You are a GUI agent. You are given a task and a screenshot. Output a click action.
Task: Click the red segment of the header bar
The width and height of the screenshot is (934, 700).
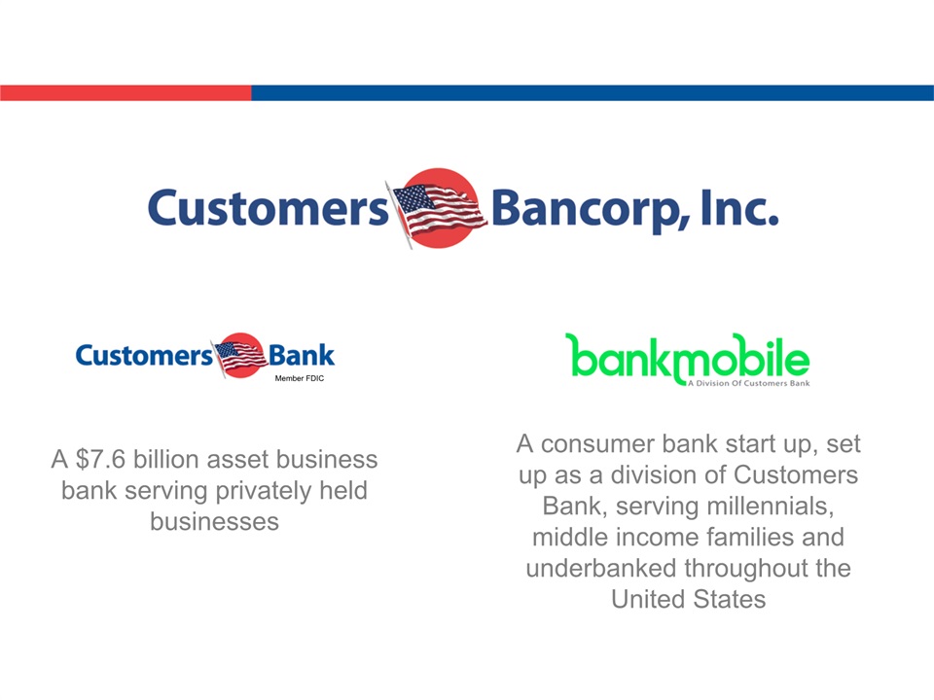126,93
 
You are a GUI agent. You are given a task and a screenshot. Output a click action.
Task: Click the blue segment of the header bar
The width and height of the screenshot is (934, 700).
593,93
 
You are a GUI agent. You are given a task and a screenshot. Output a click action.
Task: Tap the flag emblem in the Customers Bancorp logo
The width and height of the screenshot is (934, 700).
439,209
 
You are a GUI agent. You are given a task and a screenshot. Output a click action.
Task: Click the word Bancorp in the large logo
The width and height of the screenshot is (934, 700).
591,210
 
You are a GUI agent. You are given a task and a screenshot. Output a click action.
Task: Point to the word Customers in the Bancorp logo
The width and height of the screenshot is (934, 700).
269,208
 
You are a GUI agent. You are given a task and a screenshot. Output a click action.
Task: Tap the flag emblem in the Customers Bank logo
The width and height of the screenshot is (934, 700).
240,356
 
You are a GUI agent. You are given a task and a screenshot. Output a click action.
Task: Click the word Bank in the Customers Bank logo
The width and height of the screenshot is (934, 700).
302,356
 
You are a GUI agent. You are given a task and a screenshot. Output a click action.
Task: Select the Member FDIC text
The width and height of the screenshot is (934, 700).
299,378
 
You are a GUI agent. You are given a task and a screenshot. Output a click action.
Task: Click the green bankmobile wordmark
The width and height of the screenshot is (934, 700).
688,358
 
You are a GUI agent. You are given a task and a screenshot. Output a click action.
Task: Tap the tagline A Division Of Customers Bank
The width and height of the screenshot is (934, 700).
749,383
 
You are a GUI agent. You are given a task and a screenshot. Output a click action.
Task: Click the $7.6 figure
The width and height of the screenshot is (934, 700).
100,460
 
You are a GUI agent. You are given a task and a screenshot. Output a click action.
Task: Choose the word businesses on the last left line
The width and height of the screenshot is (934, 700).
214,521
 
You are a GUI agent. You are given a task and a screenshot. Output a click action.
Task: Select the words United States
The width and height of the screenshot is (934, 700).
689,599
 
